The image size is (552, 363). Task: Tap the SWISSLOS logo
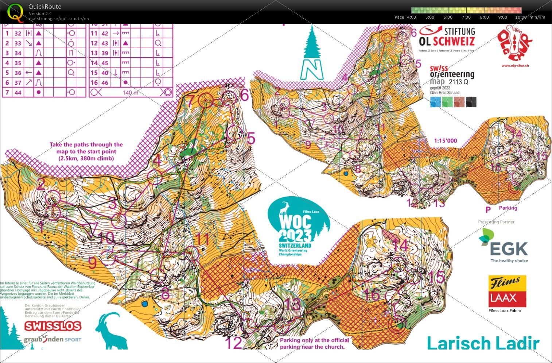point(53,326)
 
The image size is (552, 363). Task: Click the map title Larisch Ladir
point(482,343)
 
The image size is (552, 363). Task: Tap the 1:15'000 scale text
point(445,141)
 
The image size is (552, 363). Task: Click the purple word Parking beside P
point(508,208)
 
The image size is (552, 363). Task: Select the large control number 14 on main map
point(400,246)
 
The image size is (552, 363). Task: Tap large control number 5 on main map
point(251,139)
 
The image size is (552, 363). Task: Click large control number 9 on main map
point(93,263)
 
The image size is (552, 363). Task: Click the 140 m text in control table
point(131,92)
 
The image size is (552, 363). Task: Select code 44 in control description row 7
point(18,92)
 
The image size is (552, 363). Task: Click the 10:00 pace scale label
point(520,17)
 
